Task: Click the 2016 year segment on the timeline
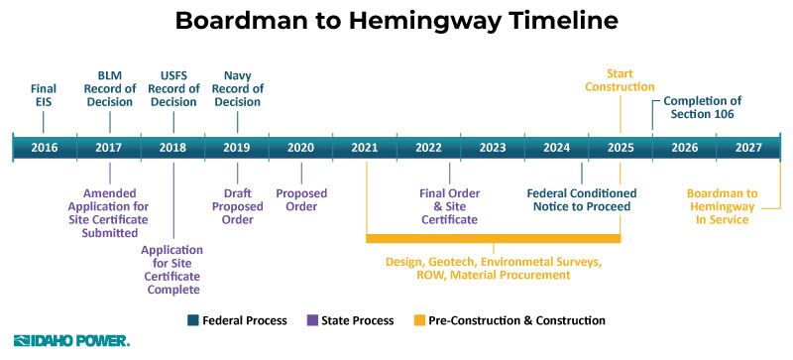pyautogui.click(x=45, y=148)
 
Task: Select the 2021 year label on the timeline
pyautogui.click(x=365, y=148)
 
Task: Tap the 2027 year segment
pyautogui.click(x=748, y=148)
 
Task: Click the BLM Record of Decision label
pyautogui.click(x=109, y=87)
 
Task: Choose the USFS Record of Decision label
pyautogui.click(x=173, y=87)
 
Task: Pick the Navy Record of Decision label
pyautogui.click(x=237, y=87)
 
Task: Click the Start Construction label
pyautogui.click(x=621, y=80)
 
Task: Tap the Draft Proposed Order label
pyautogui.click(x=238, y=205)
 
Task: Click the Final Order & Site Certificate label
pyautogui.click(x=449, y=205)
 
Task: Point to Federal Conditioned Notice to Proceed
pyautogui.click(x=582, y=199)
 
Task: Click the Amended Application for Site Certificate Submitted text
pyautogui.click(x=110, y=212)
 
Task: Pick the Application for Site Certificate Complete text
pyautogui.click(x=172, y=270)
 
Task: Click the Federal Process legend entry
pyautogui.click(x=237, y=320)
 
